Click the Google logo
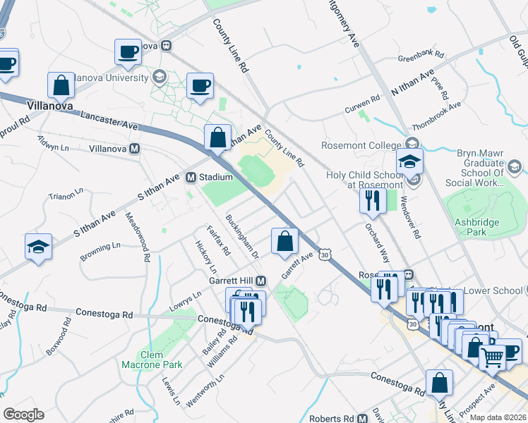24,415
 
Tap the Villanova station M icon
134,149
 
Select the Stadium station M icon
191,177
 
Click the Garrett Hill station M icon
260,280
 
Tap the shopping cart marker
493,356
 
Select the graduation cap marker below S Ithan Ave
38,247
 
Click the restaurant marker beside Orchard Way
371,201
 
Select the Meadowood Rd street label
138,237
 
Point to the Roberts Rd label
332,417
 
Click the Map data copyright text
498,417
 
